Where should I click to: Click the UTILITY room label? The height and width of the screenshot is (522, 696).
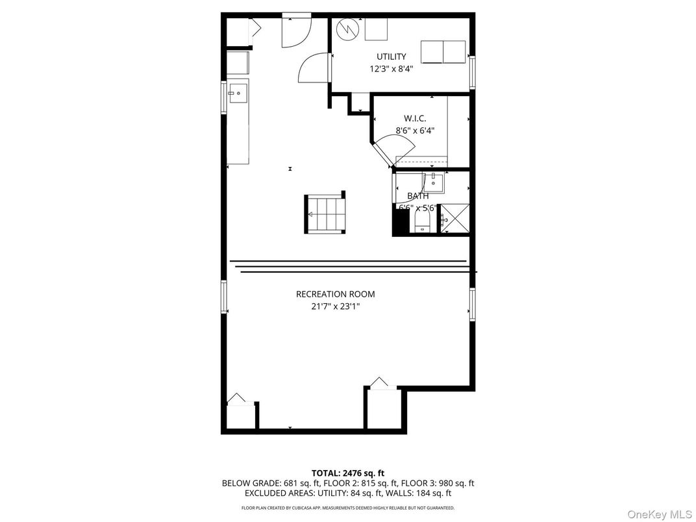391,57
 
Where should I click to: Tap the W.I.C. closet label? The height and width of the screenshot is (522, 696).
415,119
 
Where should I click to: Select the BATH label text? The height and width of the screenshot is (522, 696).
418,196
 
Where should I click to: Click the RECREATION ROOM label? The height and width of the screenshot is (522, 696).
335,294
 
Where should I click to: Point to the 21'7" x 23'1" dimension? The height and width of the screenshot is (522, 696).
335,306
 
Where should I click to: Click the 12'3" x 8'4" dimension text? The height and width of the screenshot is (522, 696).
391,69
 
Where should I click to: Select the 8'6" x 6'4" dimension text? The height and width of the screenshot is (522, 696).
415,130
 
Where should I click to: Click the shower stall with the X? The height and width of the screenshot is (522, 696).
454,218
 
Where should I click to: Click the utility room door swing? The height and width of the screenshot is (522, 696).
314,67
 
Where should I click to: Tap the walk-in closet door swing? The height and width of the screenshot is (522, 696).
395,149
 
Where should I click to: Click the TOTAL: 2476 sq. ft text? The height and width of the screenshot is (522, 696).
348,473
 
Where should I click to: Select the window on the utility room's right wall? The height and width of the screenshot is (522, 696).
472,72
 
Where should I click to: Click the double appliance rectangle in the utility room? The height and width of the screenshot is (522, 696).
443,52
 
